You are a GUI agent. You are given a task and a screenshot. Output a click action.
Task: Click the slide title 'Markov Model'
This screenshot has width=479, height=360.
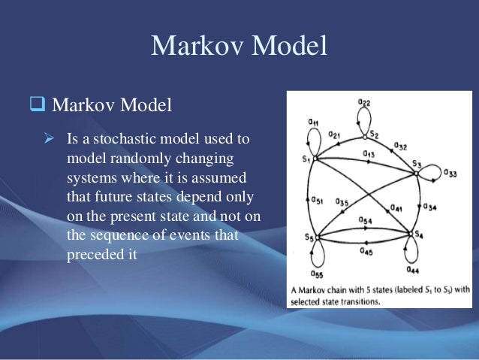(239, 46)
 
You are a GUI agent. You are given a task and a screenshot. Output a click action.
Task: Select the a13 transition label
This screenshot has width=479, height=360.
(369, 154)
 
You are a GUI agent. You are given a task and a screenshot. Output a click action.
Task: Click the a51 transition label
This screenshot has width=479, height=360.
(317, 200)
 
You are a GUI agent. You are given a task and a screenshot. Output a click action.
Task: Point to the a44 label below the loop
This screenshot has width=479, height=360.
(412, 268)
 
